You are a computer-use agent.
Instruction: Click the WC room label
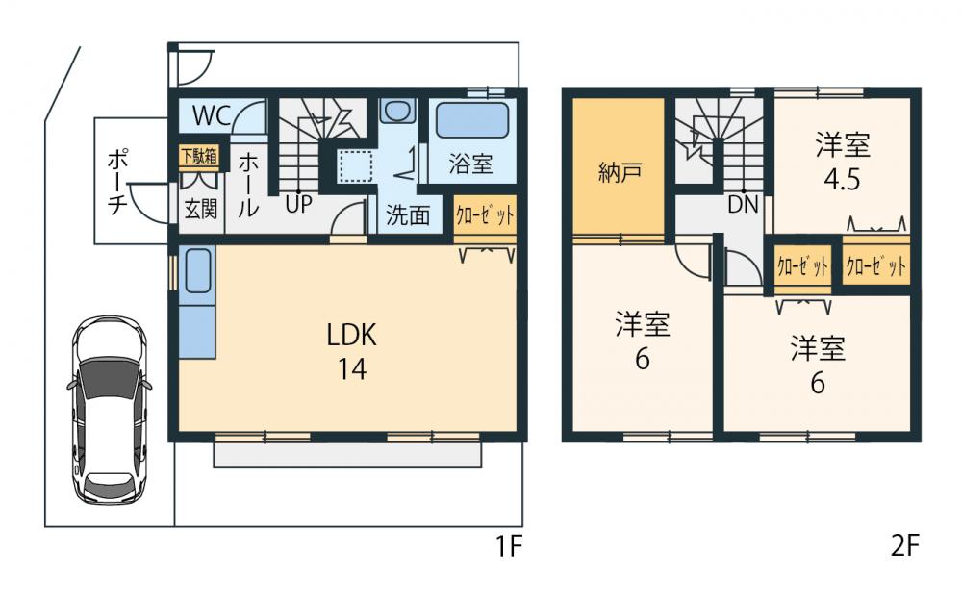(x=211, y=115)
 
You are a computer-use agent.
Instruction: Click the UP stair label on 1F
(x=296, y=206)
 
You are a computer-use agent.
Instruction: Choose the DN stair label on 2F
(x=742, y=204)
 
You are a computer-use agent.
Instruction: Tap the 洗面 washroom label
(x=408, y=214)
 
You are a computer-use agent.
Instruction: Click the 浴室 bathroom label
(x=470, y=164)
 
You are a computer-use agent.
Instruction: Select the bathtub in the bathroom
(x=472, y=123)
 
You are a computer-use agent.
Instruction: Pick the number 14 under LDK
(x=351, y=369)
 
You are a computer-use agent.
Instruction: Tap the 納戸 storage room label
(x=617, y=173)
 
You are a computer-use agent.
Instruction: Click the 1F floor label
(x=509, y=547)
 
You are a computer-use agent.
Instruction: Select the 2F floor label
(x=905, y=547)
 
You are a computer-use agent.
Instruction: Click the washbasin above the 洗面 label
(x=395, y=110)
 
